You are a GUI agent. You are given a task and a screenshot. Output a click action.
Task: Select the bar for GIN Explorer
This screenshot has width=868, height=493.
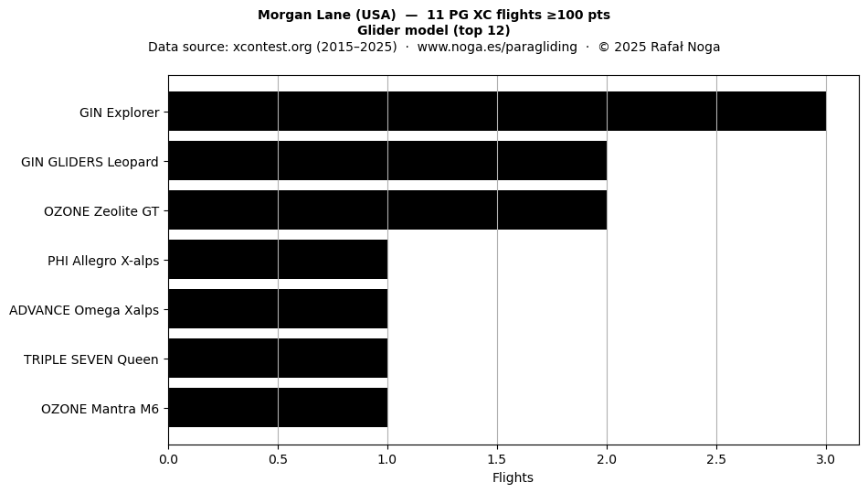click(497, 112)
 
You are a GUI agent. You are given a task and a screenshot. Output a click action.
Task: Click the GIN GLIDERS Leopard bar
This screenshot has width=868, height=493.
click(387, 161)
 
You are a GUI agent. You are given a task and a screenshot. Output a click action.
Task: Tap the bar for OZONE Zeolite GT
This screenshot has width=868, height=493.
click(387, 210)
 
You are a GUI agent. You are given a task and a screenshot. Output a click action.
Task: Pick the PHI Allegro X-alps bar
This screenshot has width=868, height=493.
click(278, 259)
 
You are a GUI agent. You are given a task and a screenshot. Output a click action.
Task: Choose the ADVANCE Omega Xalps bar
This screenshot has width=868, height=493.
click(278, 308)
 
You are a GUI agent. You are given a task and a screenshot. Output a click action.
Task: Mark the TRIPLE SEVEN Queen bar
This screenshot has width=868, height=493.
click(278, 358)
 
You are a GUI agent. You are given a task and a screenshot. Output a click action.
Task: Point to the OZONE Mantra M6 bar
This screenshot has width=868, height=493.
click(278, 407)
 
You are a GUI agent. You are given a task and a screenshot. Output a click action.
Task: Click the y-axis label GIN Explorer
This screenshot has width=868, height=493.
click(120, 113)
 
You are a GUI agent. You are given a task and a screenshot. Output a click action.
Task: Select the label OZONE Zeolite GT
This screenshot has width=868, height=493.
click(101, 211)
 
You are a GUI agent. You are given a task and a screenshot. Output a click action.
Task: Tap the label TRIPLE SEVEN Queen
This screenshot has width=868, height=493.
click(90, 359)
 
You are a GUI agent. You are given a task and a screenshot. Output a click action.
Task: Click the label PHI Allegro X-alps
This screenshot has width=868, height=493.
click(103, 261)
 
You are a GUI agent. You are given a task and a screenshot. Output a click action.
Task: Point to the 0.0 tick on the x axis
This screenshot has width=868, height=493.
click(168, 459)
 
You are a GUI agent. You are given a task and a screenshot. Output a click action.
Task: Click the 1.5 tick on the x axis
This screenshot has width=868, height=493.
click(497, 459)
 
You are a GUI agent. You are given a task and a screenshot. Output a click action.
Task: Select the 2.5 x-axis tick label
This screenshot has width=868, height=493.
click(716, 459)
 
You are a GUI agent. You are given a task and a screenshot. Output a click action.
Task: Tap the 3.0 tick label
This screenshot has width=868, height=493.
click(826, 459)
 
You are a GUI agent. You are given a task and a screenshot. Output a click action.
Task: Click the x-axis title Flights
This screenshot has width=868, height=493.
click(513, 477)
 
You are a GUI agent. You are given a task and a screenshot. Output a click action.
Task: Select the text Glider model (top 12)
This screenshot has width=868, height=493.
click(433, 30)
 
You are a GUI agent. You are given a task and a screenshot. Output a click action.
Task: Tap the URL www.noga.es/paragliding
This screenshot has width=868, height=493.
click(497, 47)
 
